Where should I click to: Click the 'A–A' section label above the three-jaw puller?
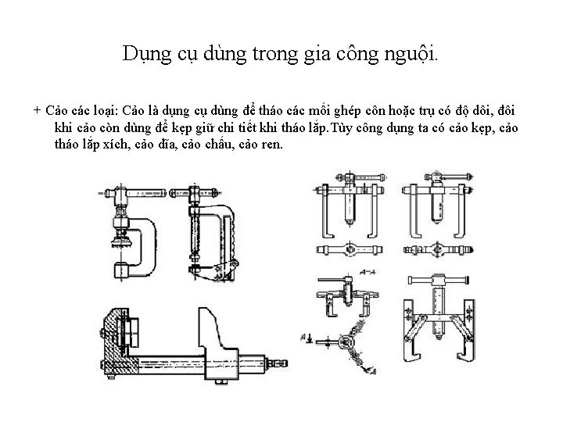[367, 271]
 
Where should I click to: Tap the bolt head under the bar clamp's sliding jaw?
[224, 381]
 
